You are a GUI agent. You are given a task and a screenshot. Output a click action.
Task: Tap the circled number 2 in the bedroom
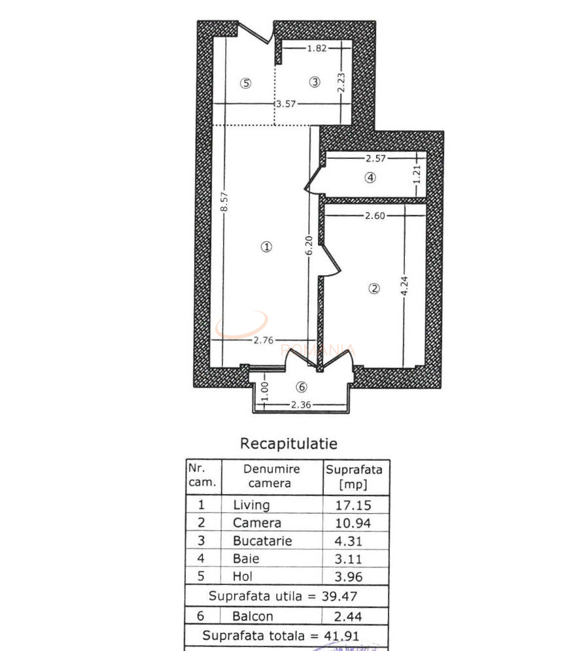pyautogui.click(x=374, y=288)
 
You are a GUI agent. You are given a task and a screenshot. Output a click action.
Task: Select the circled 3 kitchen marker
pyautogui.click(x=315, y=82)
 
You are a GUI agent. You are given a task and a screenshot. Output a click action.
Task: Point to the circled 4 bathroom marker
pyautogui.click(x=371, y=177)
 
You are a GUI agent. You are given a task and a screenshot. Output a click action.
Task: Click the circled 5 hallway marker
pyautogui.click(x=245, y=83)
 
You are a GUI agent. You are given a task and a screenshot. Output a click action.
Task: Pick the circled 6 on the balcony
pyautogui.click(x=302, y=387)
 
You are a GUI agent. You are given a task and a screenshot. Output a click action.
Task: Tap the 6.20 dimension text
pyautogui.click(x=310, y=246)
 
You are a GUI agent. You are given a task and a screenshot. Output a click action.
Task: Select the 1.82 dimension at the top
pyautogui.click(x=317, y=48)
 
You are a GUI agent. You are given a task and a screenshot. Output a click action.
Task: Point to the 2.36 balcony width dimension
pyautogui.click(x=300, y=405)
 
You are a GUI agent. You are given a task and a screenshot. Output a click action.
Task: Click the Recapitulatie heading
pyautogui.click(x=288, y=444)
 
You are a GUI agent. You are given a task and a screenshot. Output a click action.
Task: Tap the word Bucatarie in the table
pyautogui.click(x=262, y=541)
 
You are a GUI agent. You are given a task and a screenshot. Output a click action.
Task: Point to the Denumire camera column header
pyautogui.click(x=271, y=476)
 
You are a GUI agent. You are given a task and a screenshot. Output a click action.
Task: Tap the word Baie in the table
pyautogui.click(x=246, y=559)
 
